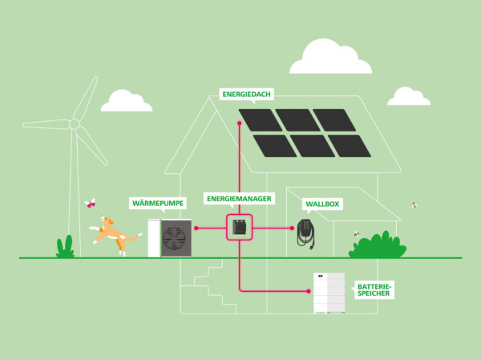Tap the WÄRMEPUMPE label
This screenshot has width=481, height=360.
pyautogui.click(x=157, y=204)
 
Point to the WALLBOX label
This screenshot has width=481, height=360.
pyautogui.click(x=323, y=204)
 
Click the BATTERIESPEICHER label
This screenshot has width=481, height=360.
pyautogui.click(x=374, y=289)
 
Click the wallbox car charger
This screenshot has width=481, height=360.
pyautogui.click(x=305, y=232)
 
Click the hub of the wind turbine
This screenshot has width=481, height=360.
pyautogui.click(x=74, y=124)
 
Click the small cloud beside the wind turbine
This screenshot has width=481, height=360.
pyautogui.click(x=126, y=101)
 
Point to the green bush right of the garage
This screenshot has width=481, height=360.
pyautogui.click(x=378, y=245)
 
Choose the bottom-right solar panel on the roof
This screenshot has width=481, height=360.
pyautogui.click(x=350, y=146)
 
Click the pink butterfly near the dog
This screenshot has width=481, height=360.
pyautogui.click(x=90, y=204)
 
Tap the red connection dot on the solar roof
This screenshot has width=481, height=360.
pyautogui.click(x=240, y=123)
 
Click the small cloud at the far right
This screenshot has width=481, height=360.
pyautogui.click(x=408, y=97)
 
